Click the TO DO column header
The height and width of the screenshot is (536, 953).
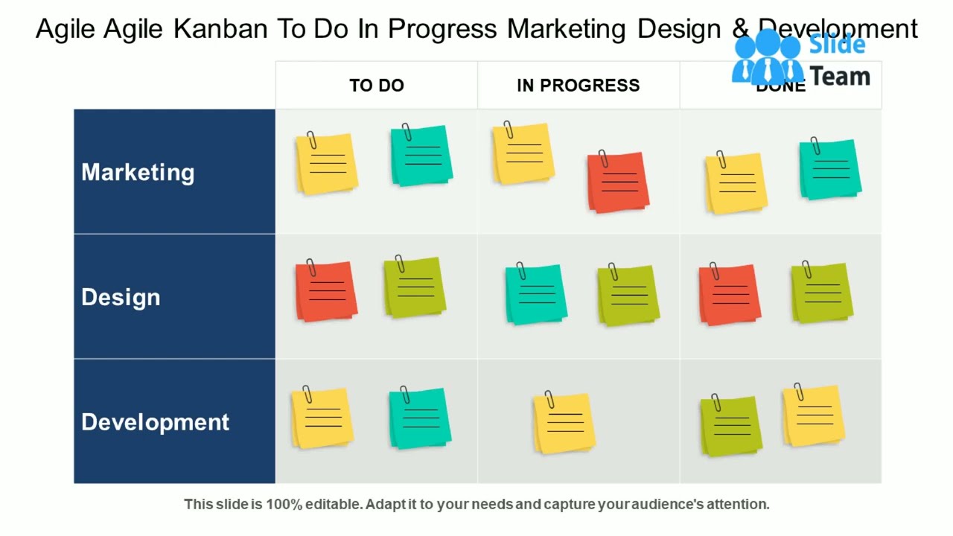point(376,86)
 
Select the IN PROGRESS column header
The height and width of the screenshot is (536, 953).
point(578,86)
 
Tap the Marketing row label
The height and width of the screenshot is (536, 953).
point(138,172)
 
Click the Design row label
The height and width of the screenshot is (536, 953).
point(121,297)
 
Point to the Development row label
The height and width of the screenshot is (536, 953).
point(155,422)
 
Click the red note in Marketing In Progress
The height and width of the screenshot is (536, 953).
point(618,182)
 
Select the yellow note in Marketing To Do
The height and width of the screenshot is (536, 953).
point(326,165)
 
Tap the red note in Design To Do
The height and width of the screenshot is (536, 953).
point(325,291)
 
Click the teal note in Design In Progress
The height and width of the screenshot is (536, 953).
point(536,294)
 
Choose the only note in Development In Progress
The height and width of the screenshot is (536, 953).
point(564,424)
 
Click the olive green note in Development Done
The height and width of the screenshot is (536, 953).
point(731,427)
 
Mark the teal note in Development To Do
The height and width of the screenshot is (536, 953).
point(421,418)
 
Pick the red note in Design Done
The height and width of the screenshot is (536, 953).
point(730,295)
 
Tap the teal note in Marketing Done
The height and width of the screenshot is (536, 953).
point(830,170)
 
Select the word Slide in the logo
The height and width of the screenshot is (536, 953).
point(837,44)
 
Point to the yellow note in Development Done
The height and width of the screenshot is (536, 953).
point(814,415)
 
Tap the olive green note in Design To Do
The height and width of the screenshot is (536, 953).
point(415,287)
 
